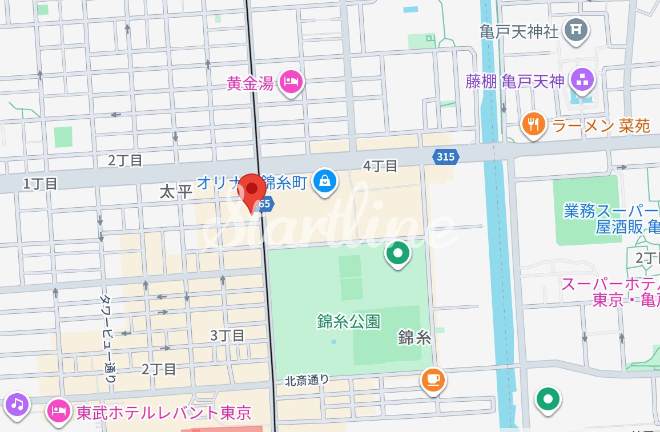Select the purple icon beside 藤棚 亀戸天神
(x=581, y=80)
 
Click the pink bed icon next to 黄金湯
(x=291, y=83)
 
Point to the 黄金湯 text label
(x=250, y=84)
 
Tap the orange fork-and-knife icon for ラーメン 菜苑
(x=533, y=124)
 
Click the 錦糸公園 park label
(x=349, y=321)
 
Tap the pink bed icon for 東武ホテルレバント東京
(x=59, y=411)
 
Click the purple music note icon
(x=17, y=405)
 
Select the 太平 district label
(x=176, y=192)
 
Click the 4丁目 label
(x=380, y=166)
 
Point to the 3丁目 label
(x=227, y=335)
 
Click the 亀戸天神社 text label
(x=518, y=31)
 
